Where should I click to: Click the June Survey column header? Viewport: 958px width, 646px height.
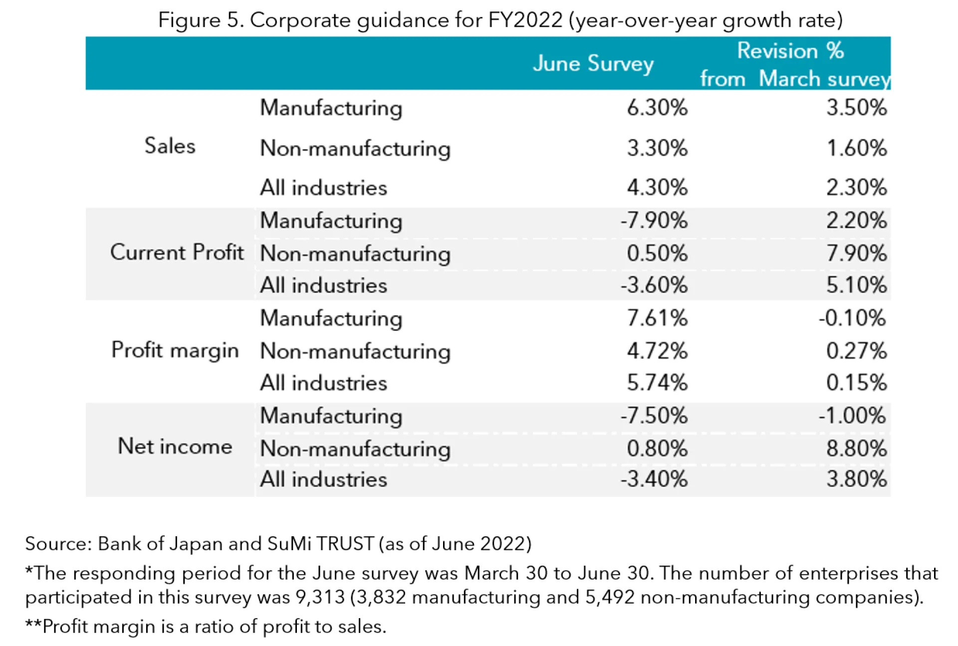click(x=593, y=64)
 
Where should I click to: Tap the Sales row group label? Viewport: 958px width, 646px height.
click(x=170, y=146)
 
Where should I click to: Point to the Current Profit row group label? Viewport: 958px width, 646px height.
click(x=177, y=252)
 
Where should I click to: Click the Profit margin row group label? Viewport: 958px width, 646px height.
click(x=175, y=350)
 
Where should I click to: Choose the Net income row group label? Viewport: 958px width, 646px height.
click(x=175, y=446)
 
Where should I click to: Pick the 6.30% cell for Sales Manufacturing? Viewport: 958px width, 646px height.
click(x=657, y=108)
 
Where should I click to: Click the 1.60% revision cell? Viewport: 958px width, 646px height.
click(x=856, y=148)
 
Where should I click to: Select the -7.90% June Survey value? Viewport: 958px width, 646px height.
click(x=654, y=220)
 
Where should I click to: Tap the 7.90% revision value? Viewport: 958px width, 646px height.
click(x=856, y=253)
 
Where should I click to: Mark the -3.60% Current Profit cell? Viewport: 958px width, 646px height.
click(x=654, y=285)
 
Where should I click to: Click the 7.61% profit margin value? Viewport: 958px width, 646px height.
click(x=657, y=318)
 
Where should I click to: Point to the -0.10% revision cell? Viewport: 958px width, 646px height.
click(x=852, y=318)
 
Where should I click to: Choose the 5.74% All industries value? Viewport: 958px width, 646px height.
click(x=657, y=383)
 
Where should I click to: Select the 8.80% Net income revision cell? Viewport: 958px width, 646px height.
click(x=856, y=448)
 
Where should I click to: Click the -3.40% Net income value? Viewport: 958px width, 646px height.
click(x=654, y=479)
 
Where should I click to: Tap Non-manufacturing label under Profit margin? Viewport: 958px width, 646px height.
click(x=355, y=351)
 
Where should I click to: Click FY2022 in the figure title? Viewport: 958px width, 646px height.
click(x=525, y=20)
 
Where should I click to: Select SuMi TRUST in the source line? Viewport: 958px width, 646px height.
click(x=320, y=543)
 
